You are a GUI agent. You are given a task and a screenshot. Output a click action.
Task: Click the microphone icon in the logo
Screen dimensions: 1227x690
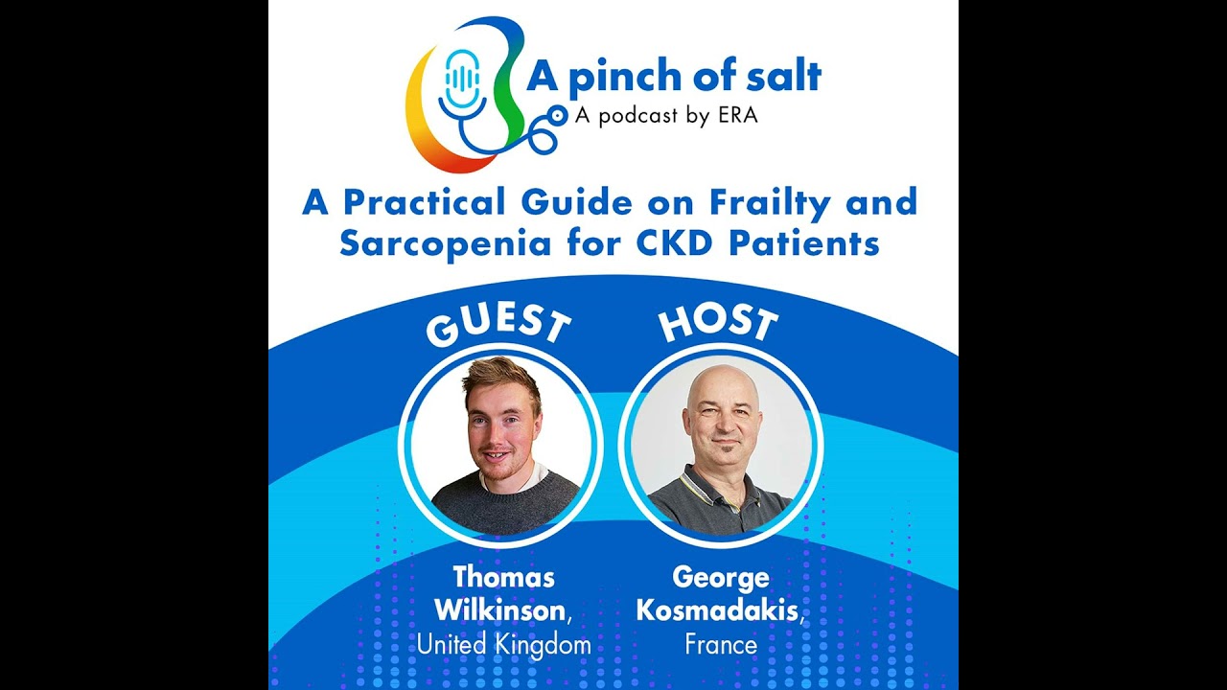point(462,83)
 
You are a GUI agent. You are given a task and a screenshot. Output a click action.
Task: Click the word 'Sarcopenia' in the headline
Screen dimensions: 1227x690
point(446,244)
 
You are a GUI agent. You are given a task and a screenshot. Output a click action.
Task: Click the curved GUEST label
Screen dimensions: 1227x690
point(498,327)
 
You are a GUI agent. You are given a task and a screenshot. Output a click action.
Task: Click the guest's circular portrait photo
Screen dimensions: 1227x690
point(501,446)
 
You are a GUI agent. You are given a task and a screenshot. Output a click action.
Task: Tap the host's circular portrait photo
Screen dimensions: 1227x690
point(721,446)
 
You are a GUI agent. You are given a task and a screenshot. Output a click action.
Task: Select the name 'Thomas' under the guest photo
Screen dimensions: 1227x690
point(503,577)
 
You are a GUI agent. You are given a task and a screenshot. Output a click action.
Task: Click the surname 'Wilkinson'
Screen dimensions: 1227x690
point(500,610)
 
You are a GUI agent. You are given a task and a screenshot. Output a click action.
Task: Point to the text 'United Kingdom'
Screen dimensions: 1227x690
point(504,644)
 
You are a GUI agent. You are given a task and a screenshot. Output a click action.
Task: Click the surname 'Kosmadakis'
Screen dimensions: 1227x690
point(717,610)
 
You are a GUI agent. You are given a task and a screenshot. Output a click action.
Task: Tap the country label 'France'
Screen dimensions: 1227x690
point(721,644)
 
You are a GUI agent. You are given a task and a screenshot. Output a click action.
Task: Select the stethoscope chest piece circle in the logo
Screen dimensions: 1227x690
point(557,115)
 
